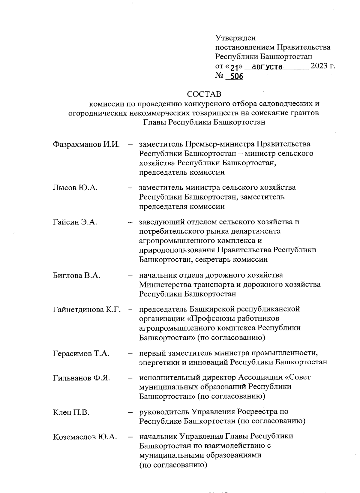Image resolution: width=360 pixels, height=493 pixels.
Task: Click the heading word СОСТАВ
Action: [x=204, y=94]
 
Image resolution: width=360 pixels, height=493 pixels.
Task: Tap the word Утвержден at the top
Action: [x=235, y=38]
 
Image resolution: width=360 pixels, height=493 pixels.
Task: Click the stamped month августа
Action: [x=267, y=67]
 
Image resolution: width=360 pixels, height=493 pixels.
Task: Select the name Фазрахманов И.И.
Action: [x=86, y=144]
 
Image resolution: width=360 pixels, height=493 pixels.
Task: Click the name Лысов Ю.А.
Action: [x=75, y=188]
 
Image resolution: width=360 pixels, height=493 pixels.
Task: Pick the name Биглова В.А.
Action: [x=76, y=275]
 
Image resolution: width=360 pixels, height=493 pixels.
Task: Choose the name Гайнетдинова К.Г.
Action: [x=87, y=309]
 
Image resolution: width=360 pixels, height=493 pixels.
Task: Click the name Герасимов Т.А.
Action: [x=81, y=353]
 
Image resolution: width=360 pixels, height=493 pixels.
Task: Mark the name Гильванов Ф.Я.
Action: [x=81, y=378]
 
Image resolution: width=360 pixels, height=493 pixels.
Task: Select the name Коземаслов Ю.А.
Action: [x=85, y=437]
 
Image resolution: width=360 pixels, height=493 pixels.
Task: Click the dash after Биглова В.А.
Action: [x=130, y=275]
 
